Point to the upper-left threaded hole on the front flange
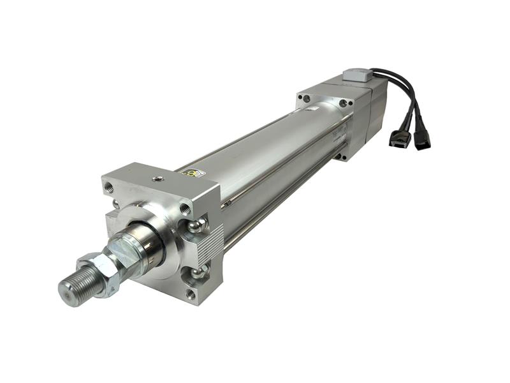click(x=108, y=187)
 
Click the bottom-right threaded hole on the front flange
click(x=190, y=293)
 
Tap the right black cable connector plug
click(x=421, y=139)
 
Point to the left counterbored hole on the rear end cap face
click(x=307, y=98)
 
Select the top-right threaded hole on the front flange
click(x=186, y=208)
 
